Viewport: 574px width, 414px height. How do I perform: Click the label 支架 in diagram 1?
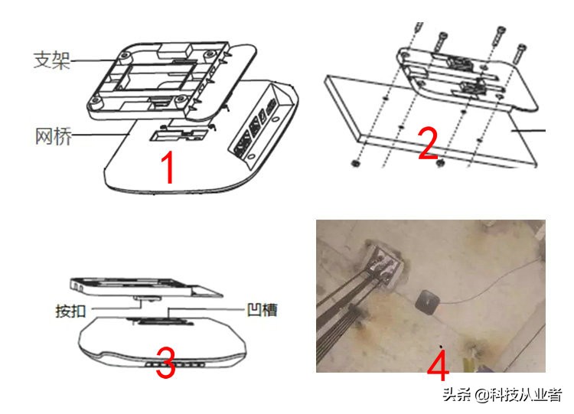coord(51,60)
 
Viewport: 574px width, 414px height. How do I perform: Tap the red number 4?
coord(437,366)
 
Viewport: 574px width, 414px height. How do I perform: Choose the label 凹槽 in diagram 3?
coord(259,310)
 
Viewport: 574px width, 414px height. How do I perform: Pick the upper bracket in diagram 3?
coord(142,286)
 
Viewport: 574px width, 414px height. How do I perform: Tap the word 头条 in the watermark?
coord(457,395)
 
